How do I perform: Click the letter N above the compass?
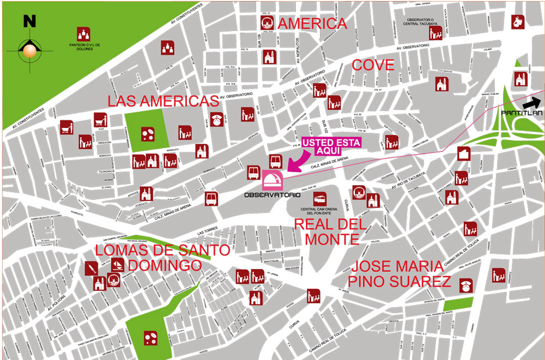pyautogui.click(x=29, y=21)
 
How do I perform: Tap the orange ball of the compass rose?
pyautogui.click(x=28, y=51)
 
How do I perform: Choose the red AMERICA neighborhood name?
pyautogui.click(x=313, y=24)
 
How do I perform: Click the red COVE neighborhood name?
pyautogui.click(x=373, y=65)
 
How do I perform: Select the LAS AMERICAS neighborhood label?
pyautogui.click(x=163, y=101)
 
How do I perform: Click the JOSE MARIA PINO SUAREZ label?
pyautogui.click(x=401, y=274)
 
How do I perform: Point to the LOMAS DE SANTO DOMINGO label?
pyautogui.click(x=155, y=258)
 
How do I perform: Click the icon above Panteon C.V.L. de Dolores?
pyautogui.click(x=83, y=34)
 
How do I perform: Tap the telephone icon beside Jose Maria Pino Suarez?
pyautogui.click(x=466, y=285)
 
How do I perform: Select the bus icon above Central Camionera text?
pyautogui.click(x=320, y=198)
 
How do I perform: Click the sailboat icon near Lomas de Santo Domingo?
pyautogui.click(x=118, y=265)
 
